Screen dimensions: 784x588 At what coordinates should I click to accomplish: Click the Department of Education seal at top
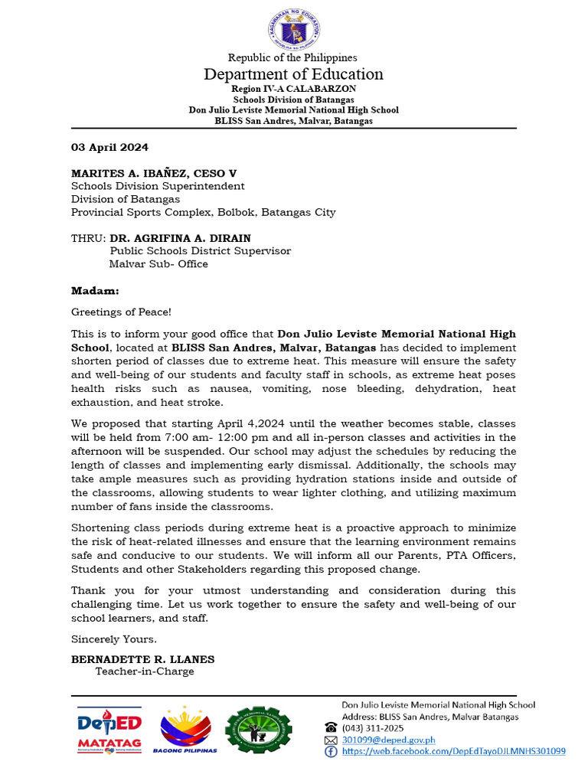point(293,29)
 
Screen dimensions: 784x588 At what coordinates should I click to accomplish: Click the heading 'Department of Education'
point(293,74)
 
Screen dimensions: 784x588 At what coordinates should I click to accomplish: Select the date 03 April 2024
point(109,147)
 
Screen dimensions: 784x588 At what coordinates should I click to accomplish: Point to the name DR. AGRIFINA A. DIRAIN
point(180,238)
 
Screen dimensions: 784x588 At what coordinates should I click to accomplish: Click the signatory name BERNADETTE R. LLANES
point(143,659)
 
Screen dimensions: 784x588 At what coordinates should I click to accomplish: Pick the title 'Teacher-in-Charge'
point(145,672)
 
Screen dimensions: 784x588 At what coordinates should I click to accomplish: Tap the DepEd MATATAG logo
point(109,730)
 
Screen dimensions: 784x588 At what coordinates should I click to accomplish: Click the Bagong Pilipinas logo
point(185,730)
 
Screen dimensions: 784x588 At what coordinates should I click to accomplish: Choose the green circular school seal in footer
point(258,730)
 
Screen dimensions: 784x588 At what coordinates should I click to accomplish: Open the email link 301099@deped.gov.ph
point(388,740)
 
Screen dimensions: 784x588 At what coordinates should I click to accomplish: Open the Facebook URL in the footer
point(453,752)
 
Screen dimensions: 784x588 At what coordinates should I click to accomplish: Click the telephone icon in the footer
point(331,728)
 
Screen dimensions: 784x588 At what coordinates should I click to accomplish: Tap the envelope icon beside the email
point(331,740)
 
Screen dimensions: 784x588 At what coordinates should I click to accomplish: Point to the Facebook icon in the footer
point(331,752)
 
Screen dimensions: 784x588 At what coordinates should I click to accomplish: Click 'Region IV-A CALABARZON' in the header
point(293,90)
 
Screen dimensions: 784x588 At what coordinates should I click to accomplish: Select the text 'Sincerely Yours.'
point(114,639)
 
